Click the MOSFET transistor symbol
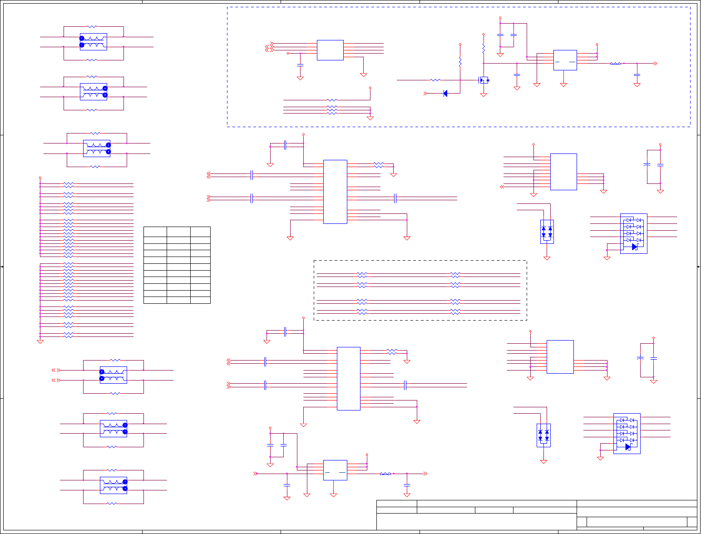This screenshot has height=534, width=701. (484, 80)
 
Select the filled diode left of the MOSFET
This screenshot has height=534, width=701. (445, 94)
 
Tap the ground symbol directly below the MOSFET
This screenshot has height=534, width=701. (484, 95)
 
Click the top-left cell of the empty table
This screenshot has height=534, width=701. (155, 232)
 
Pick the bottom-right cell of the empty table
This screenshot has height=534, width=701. (200, 300)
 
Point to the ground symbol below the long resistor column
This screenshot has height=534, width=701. (40, 341)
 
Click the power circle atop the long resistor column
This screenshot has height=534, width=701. (40, 178)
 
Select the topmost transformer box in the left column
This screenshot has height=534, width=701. (94, 42)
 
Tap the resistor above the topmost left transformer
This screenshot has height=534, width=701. (92, 27)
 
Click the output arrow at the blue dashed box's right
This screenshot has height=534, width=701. (655, 64)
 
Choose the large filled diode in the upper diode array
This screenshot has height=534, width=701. (634, 247)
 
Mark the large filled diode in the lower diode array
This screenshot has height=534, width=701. (628, 447)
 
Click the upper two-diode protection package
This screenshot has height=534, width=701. (547, 232)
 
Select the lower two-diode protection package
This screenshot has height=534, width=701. (543, 435)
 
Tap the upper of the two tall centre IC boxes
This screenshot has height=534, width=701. (335, 192)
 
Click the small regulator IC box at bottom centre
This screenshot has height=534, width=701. (335, 470)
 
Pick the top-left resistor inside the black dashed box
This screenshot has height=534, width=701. (362, 275)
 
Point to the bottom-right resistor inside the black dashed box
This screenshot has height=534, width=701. (455, 312)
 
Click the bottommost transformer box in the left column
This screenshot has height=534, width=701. (114, 485)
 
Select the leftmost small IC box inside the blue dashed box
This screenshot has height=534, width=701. (330, 50)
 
